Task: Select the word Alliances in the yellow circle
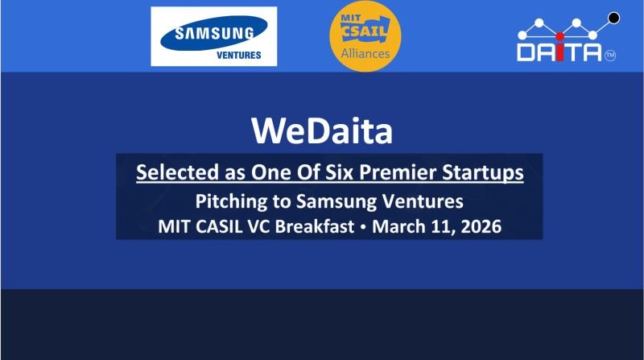(365, 54)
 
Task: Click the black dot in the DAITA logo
(613, 16)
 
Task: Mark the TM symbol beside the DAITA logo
(609, 56)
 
